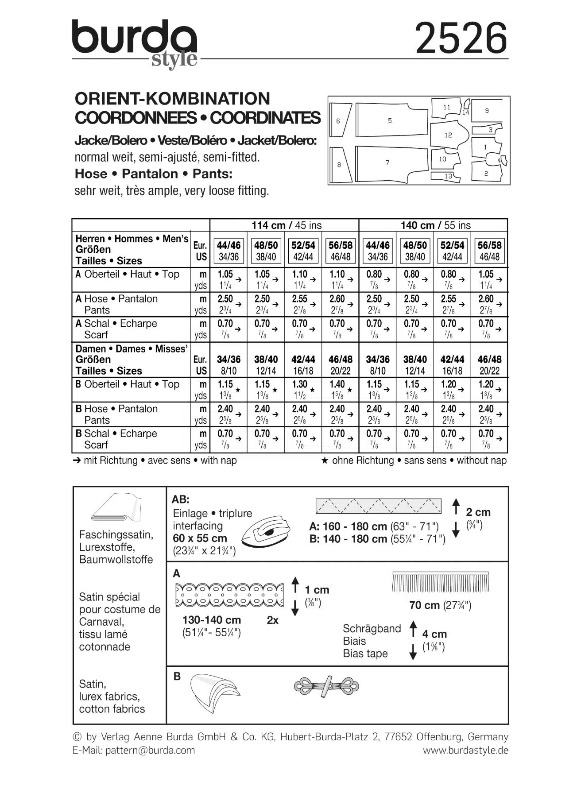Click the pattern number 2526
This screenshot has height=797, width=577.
[x=461, y=39]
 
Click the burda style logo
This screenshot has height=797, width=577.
[x=135, y=42]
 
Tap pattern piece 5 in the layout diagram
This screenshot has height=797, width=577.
[x=390, y=120]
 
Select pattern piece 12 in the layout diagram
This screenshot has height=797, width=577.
[x=449, y=135]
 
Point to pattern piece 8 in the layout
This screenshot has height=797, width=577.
[x=340, y=165]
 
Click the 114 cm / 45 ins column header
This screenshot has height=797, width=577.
[x=287, y=225]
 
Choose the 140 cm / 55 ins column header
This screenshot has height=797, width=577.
[x=435, y=225]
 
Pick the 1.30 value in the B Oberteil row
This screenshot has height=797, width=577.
[x=300, y=385]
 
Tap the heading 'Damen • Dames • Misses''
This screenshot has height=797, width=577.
[x=132, y=349]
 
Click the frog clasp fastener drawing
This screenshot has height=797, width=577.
[x=326, y=687]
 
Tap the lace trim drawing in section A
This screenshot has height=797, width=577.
[x=229, y=594]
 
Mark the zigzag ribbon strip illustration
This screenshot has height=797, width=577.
[x=378, y=506]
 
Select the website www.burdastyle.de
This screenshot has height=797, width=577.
[x=465, y=750]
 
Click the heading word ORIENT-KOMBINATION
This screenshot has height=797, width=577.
[x=173, y=98]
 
